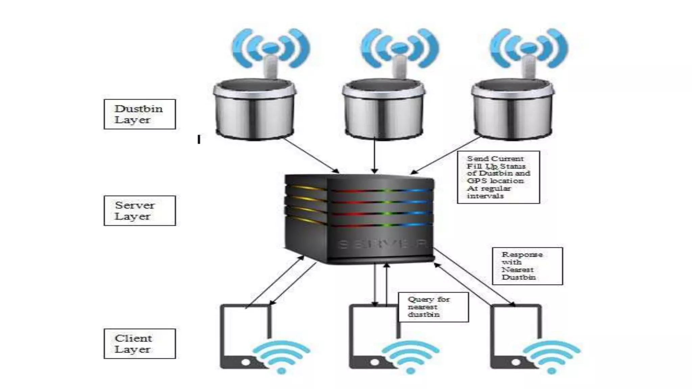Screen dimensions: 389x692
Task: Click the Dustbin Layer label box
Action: tap(140, 114)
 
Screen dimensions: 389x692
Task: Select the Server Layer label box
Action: tap(140, 210)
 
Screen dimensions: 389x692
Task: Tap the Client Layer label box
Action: tap(140, 343)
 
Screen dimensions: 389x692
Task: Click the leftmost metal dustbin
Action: tap(255, 110)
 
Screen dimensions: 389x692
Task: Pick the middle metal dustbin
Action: tap(383, 110)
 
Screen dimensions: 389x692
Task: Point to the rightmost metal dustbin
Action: tap(512, 110)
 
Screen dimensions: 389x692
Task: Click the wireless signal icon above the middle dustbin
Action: tap(400, 47)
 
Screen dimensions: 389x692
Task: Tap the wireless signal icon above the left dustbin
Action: tap(271, 47)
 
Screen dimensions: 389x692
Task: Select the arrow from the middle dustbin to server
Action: tap(374, 155)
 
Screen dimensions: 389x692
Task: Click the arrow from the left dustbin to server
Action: tap(311, 155)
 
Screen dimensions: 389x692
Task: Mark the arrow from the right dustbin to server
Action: tap(446, 155)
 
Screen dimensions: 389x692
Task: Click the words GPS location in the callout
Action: tap(495, 181)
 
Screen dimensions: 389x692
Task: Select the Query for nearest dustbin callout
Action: tap(433, 307)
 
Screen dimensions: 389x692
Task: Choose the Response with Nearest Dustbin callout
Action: tap(527, 266)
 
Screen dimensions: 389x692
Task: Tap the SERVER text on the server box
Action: tap(382, 244)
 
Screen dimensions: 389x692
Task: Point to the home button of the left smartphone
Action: tap(246, 362)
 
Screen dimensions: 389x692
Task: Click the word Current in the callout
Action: tap(508, 158)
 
